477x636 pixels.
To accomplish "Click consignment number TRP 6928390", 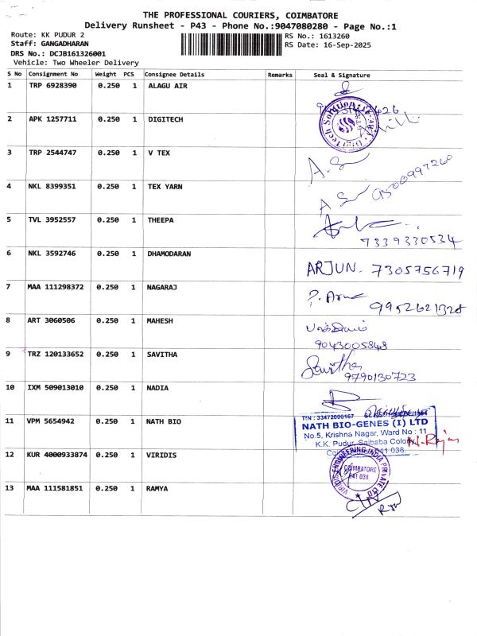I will pyautogui.click(x=52, y=85).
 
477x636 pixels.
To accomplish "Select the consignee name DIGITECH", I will pyautogui.click(x=165, y=118).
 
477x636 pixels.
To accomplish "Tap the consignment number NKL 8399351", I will pyautogui.click(x=52, y=186).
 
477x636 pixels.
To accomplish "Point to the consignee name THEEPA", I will pyautogui.click(x=161, y=219).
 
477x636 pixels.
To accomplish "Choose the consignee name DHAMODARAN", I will pyautogui.click(x=170, y=254).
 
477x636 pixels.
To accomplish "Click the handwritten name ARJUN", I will pyautogui.click(x=336, y=270).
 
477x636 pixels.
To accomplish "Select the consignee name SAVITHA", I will pyautogui.click(x=163, y=354).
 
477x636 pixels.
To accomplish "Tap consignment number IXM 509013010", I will pyautogui.click(x=56, y=387).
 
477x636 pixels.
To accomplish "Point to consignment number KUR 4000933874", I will pyautogui.click(x=59, y=455).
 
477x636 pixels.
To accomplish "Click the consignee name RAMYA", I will pyautogui.click(x=158, y=488).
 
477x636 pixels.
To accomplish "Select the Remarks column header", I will pyautogui.click(x=280, y=74).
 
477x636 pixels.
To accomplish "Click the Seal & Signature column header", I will pyautogui.click(x=342, y=75).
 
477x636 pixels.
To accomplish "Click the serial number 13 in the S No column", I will pyautogui.click(x=10, y=487).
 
